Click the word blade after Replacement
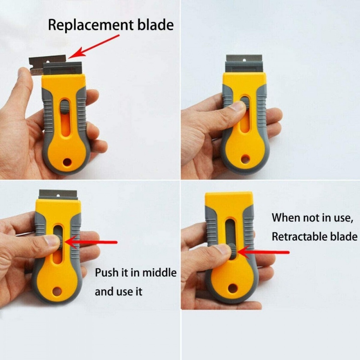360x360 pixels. [x=156, y=25]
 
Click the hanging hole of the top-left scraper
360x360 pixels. [x=67, y=162]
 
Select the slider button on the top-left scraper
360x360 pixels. [x=65, y=106]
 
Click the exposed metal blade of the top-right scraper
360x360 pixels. [x=244, y=58]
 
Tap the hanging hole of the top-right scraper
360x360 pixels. [x=245, y=159]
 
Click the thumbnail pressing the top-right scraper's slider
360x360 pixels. [x=239, y=105]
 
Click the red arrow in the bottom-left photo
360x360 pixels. [x=91, y=242]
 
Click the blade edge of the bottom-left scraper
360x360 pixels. [x=58, y=193]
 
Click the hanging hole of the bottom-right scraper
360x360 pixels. [x=232, y=288]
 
